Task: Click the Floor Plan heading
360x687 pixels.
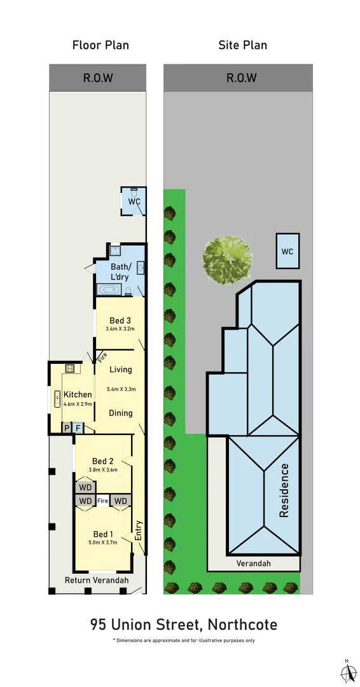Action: tap(100, 45)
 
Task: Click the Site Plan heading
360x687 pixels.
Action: tap(242, 45)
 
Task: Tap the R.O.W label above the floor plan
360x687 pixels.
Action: tap(98, 78)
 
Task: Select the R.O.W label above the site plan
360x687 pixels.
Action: tap(242, 78)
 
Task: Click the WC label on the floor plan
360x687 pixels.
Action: tap(134, 202)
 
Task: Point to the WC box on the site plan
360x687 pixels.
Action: tap(287, 251)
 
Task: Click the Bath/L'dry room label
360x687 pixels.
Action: tap(121, 272)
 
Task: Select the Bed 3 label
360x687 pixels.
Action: tap(120, 320)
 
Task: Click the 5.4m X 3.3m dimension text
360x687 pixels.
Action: tap(121, 389)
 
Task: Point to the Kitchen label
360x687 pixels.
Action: tap(78, 395)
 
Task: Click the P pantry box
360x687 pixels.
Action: tap(66, 428)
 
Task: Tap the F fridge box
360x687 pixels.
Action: tap(78, 428)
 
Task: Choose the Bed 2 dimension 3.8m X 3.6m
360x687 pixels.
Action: tap(102, 470)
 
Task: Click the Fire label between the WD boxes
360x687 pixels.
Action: tap(103, 501)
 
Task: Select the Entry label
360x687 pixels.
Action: tap(139, 531)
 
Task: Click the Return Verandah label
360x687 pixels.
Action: tap(97, 580)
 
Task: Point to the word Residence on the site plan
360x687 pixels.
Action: tap(284, 490)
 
